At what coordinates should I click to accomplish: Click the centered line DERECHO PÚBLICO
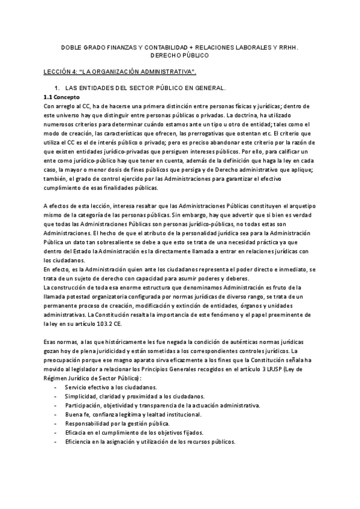click(179, 55)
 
